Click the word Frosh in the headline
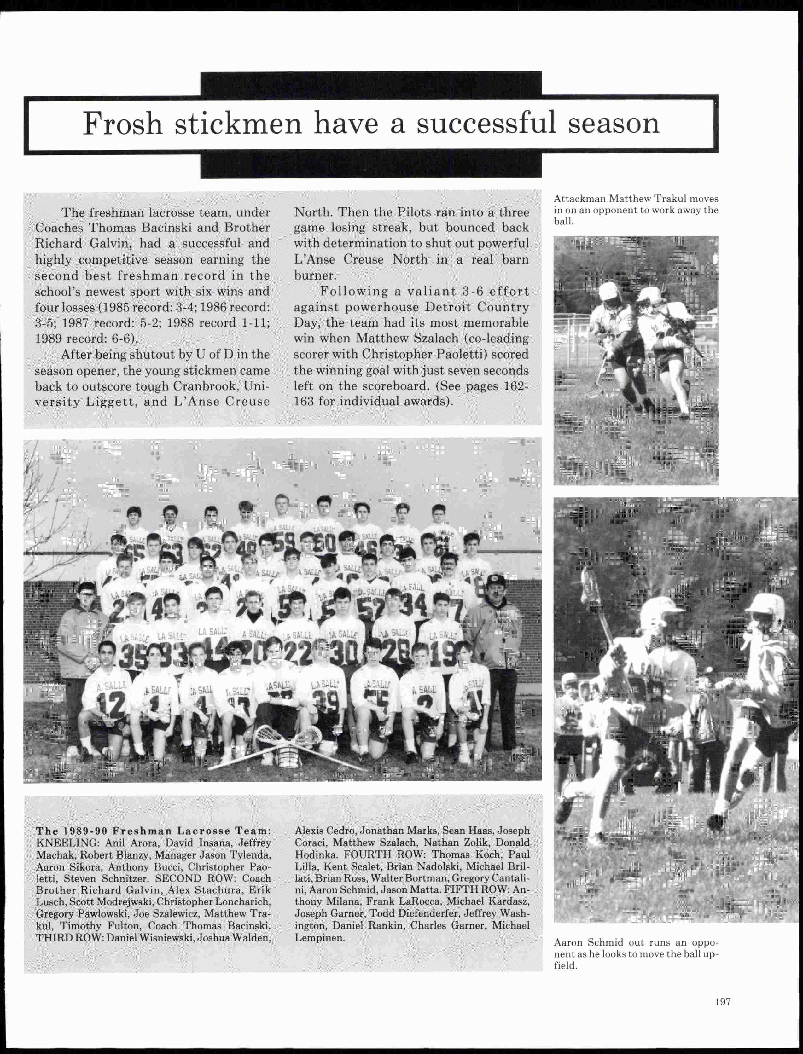[123, 124]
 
